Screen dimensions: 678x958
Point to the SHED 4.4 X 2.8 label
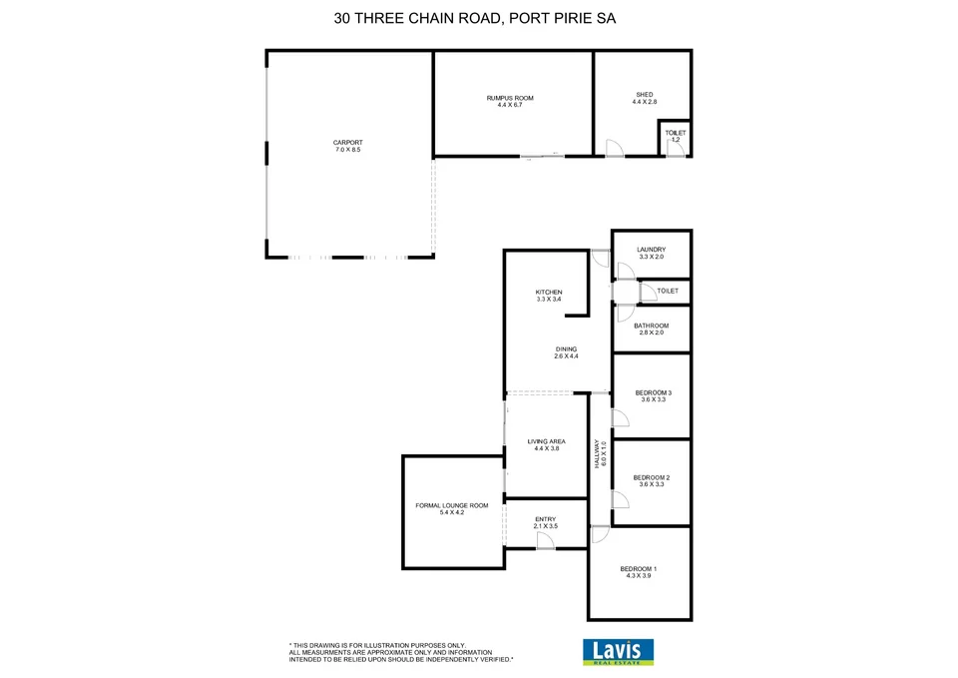644,98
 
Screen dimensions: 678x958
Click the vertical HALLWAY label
600,454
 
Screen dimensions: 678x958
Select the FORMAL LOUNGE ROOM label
452,509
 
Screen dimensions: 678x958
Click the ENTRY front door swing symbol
545,540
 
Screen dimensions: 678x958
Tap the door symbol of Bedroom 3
619,417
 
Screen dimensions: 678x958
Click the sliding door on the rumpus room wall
542,155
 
